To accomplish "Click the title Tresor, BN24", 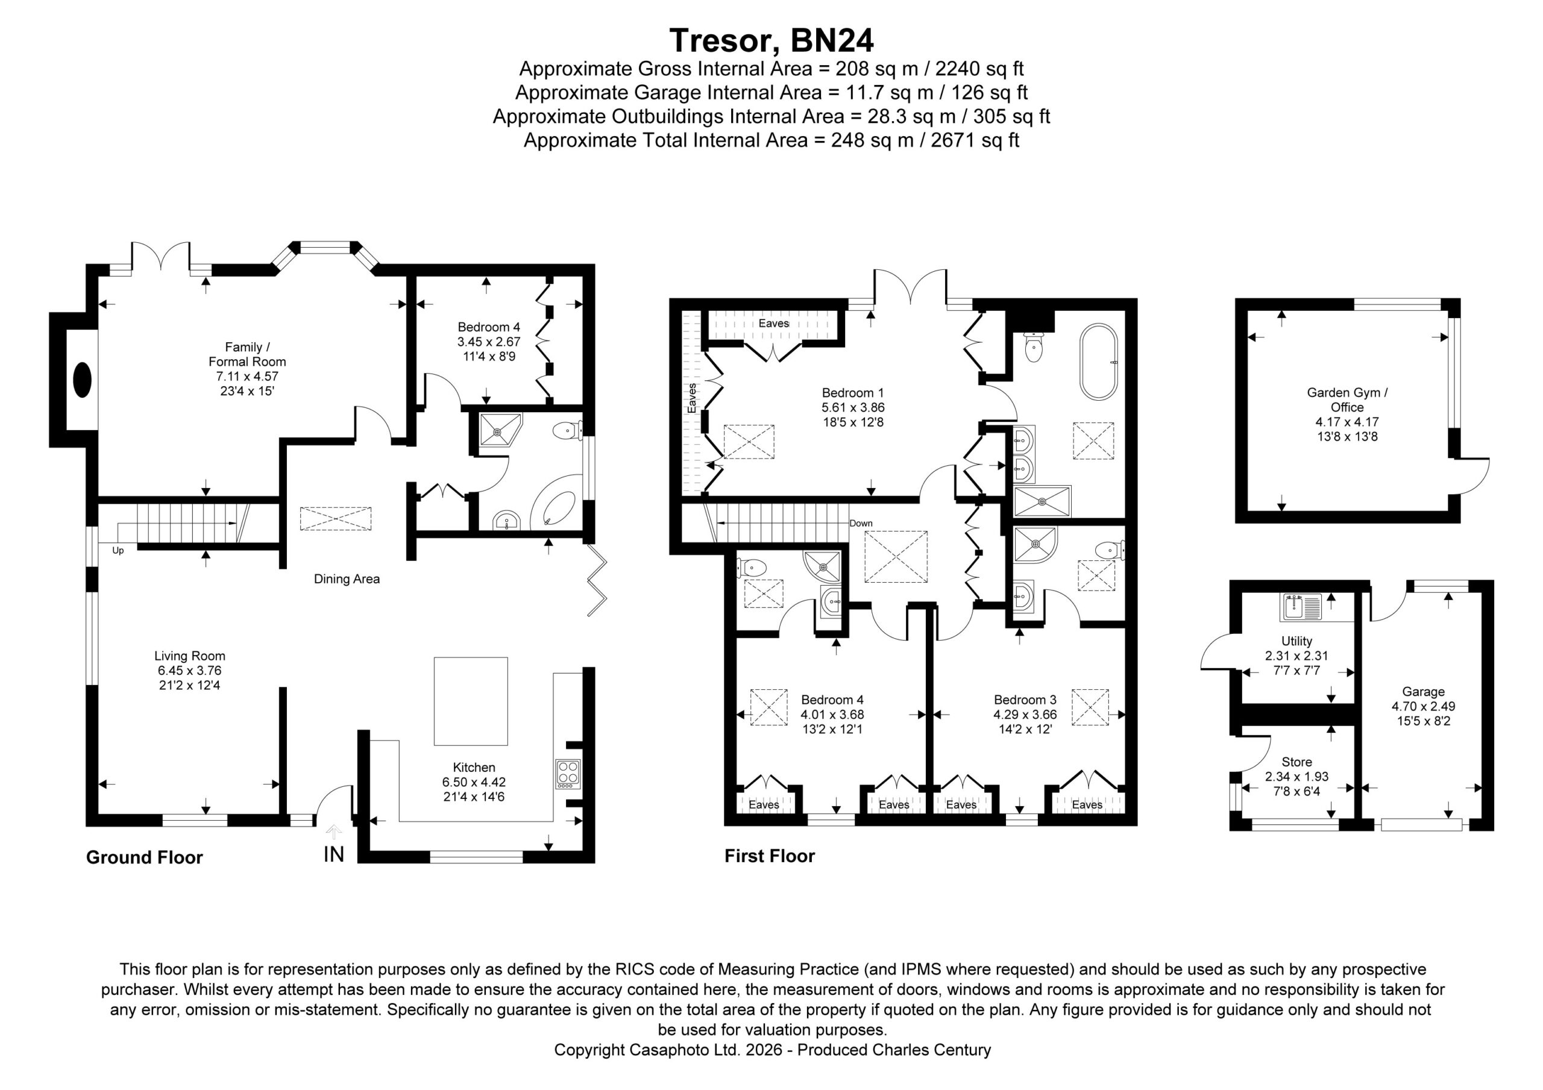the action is tap(771, 41).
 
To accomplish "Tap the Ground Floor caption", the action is tap(145, 857).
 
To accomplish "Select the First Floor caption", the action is tap(770, 856).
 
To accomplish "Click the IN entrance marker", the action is tap(334, 854).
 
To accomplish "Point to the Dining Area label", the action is tap(347, 579).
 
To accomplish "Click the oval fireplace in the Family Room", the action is tap(82, 380).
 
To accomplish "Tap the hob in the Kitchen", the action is tap(568, 774).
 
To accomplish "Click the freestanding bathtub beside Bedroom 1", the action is tap(1098, 362).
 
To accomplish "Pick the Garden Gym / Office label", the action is tap(1347, 400).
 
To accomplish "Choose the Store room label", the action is tap(1296, 762).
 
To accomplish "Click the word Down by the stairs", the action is tap(861, 524).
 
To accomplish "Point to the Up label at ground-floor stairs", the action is tap(118, 550).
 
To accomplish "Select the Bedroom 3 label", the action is tap(1025, 700).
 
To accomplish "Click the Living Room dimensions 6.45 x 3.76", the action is tap(189, 671).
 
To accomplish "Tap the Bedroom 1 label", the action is tap(853, 393).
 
